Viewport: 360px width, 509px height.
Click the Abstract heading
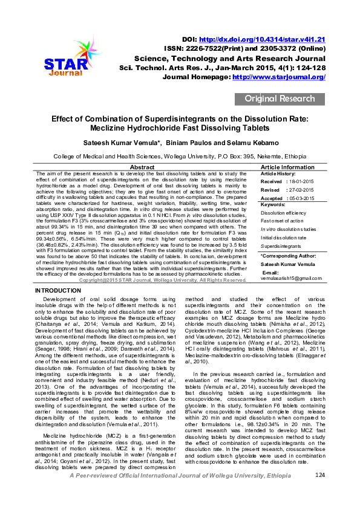point(142,167)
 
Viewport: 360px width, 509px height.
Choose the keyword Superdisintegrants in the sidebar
point(280,246)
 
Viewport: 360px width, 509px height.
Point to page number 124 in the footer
point(320,493)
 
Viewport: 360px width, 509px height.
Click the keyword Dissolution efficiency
point(283,213)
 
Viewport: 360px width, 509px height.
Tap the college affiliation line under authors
point(180,155)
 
